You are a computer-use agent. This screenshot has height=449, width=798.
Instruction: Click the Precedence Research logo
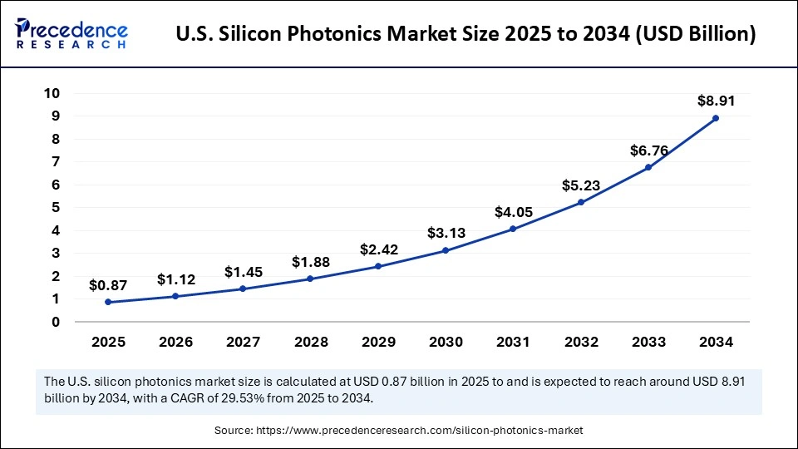pos(71,34)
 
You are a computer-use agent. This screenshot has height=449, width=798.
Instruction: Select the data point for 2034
pos(715,118)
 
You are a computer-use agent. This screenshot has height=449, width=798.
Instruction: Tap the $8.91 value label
pos(715,101)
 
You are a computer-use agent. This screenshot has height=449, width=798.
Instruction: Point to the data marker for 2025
pos(108,302)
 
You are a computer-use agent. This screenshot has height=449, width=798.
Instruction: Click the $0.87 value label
pos(108,285)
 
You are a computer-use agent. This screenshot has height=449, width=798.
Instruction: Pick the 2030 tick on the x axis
pos(446,341)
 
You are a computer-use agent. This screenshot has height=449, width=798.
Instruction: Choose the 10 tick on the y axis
pos(52,93)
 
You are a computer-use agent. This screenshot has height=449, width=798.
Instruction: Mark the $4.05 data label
pos(513,212)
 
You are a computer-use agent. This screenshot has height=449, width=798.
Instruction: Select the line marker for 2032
pos(580,202)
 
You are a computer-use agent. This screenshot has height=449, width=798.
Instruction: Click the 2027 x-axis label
pos(243,341)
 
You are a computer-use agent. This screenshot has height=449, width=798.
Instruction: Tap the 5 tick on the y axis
pos(55,207)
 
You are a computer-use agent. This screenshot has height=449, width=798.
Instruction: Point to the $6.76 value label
pos(648,150)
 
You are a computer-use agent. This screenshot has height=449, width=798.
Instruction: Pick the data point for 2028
pos(310,279)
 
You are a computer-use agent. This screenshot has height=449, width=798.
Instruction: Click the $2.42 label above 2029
pos(378,249)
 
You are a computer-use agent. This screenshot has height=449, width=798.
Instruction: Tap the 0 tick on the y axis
pos(55,322)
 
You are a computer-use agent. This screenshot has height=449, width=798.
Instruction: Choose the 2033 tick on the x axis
pos(648,341)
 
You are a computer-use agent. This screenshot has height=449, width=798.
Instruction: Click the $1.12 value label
pos(175,279)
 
